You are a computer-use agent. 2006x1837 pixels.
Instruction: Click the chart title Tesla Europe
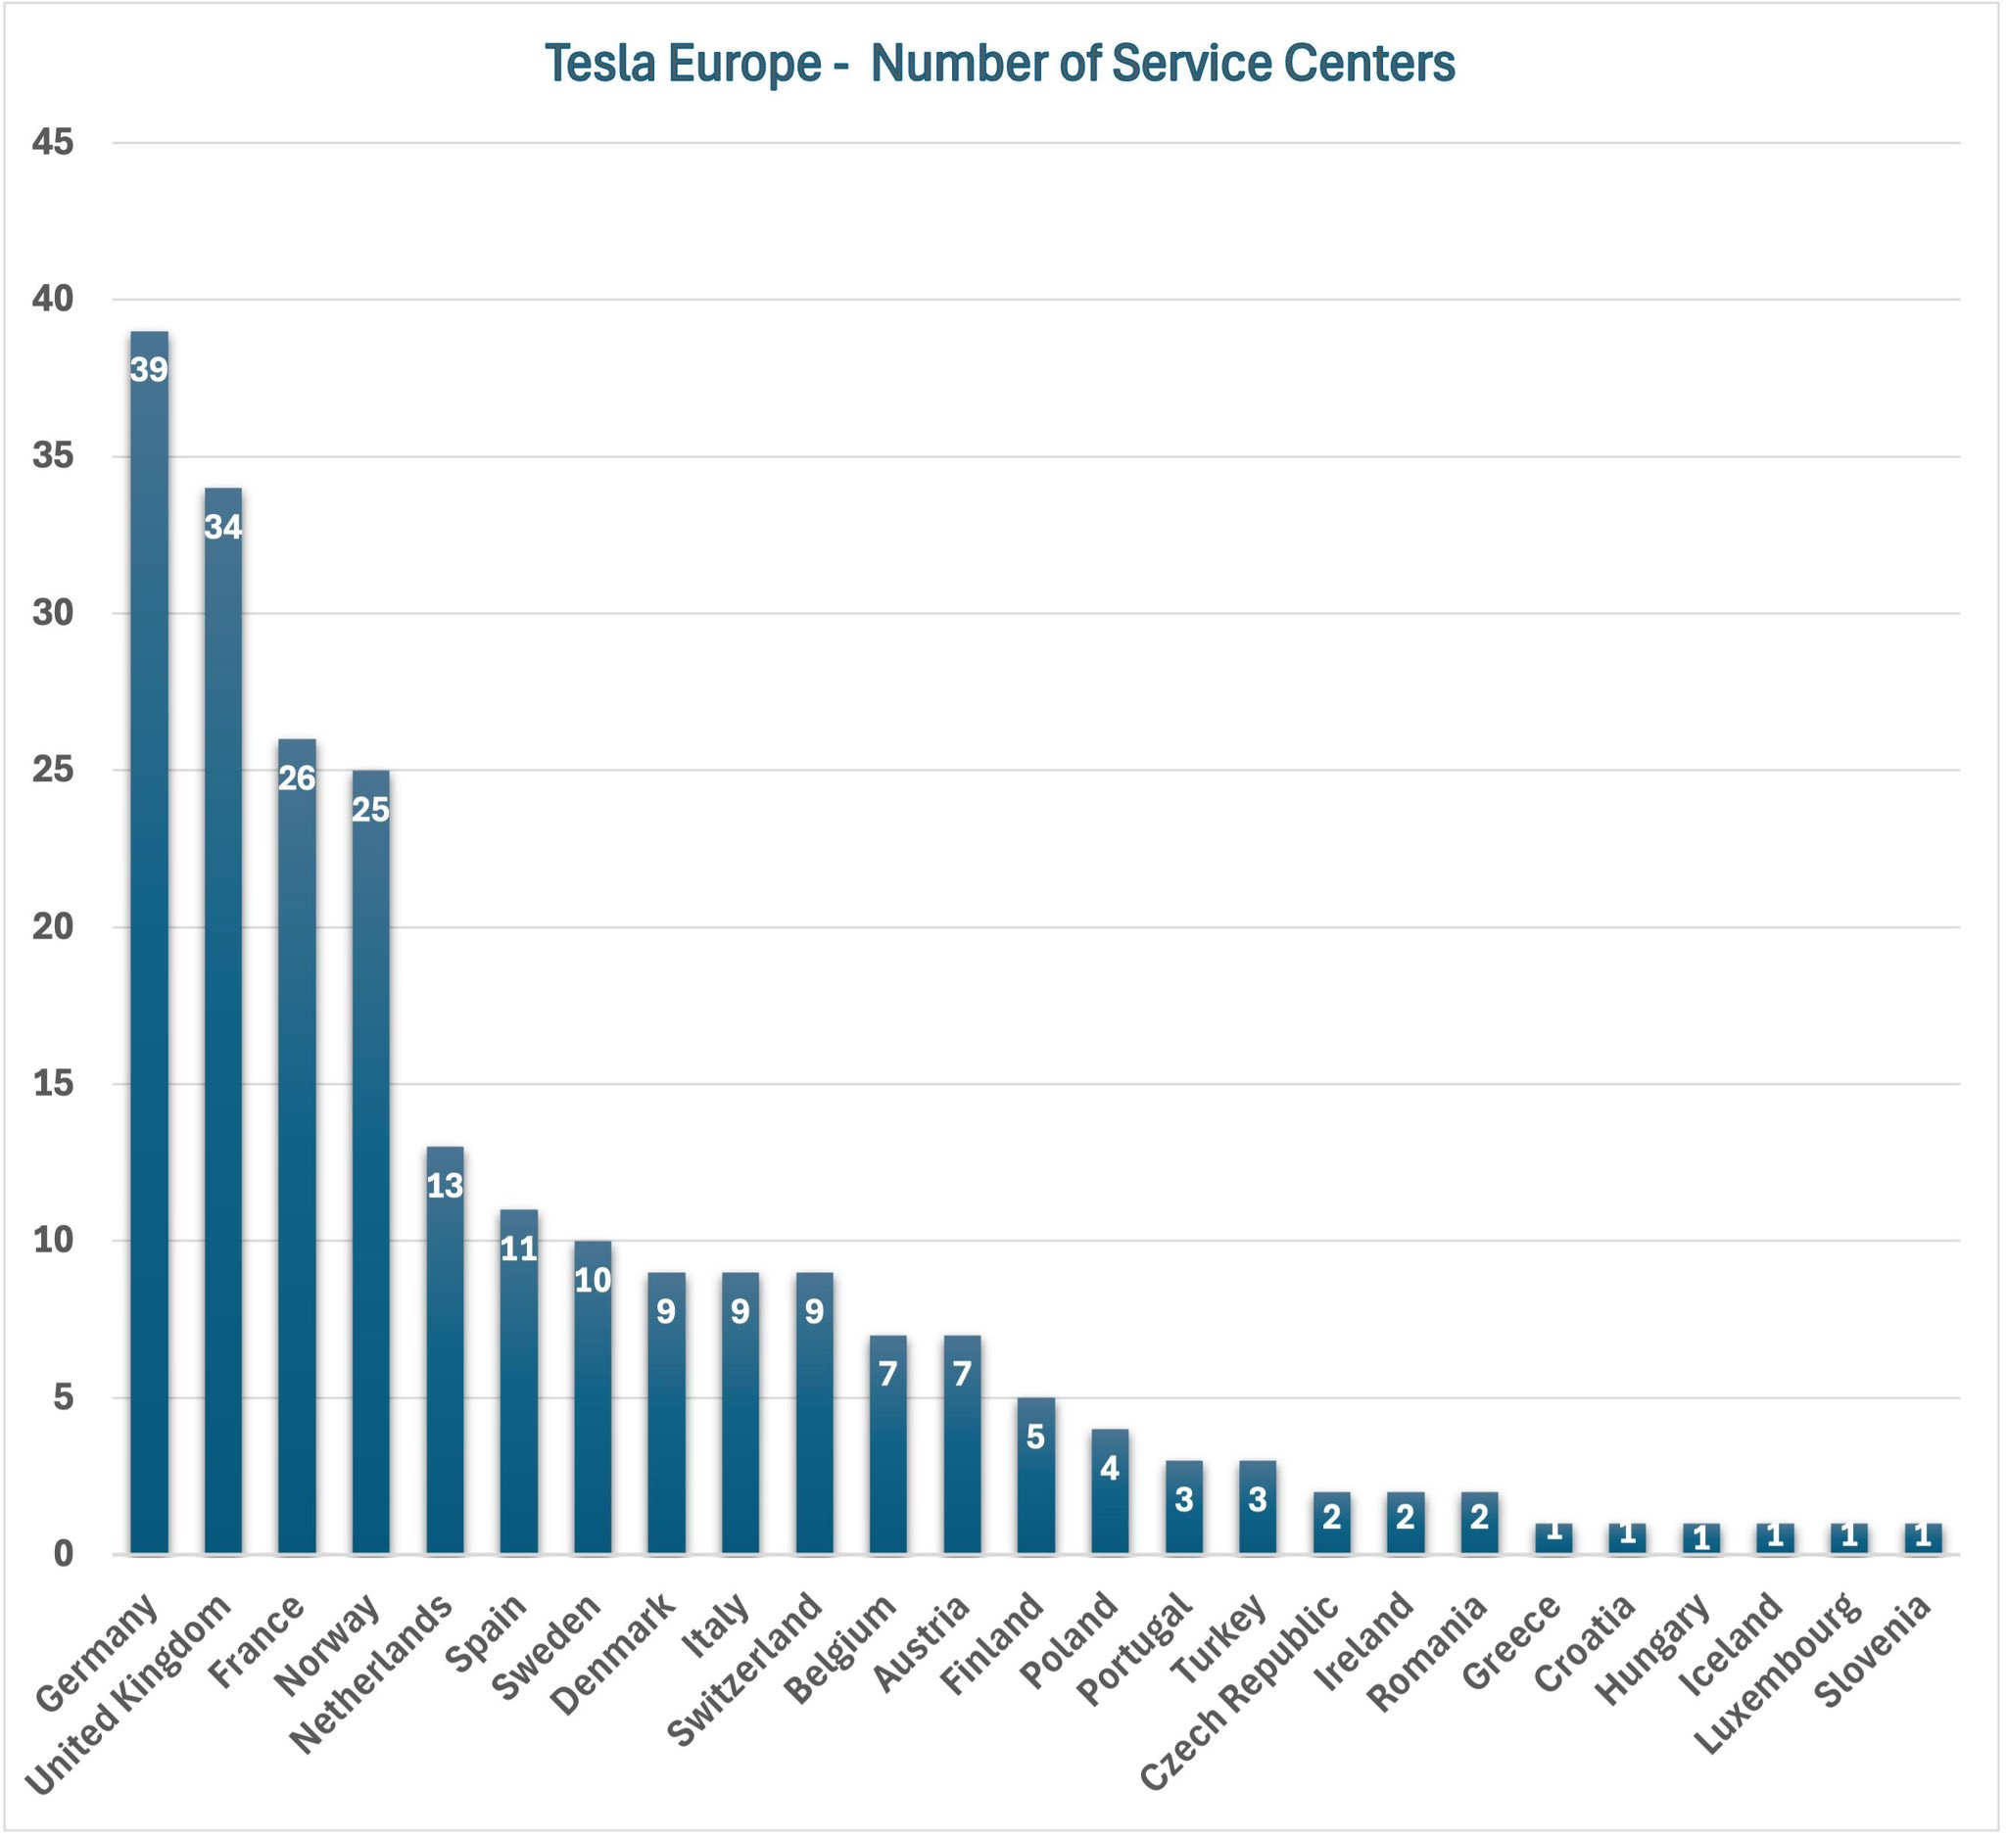[1000, 64]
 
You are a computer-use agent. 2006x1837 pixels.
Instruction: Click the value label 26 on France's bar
[297, 778]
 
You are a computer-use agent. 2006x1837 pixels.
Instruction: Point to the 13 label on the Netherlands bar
[445, 1187]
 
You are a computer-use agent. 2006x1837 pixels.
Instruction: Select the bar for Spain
[518, 1382]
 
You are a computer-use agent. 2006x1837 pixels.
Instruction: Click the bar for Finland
[1036, 1476]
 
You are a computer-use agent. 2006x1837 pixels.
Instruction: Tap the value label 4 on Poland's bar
[1110, 1468]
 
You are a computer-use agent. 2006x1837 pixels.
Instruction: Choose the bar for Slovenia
[1923, 1538]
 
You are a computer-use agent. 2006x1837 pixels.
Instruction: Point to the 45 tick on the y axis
[53, 142]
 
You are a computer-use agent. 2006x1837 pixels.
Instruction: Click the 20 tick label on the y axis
[53, 927]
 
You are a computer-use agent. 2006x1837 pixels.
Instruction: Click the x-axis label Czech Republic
[1241, 1690]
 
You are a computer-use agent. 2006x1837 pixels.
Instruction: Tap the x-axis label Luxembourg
[1779, 1671]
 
